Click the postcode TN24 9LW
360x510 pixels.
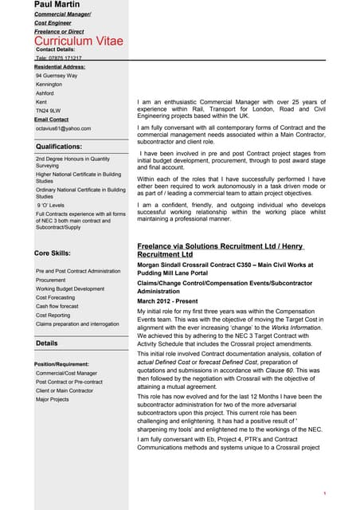(48, 111)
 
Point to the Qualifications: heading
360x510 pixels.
(59, 147)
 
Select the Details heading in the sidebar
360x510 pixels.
(46, 343)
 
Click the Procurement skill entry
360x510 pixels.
(51, 280)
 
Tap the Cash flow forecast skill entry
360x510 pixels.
(57, 306)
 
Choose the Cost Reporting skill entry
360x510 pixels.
(53, 315)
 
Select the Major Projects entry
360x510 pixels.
(53, 399)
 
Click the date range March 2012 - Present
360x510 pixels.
(168, 300)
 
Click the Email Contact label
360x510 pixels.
(52, 120)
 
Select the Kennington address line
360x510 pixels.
(49, 84)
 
